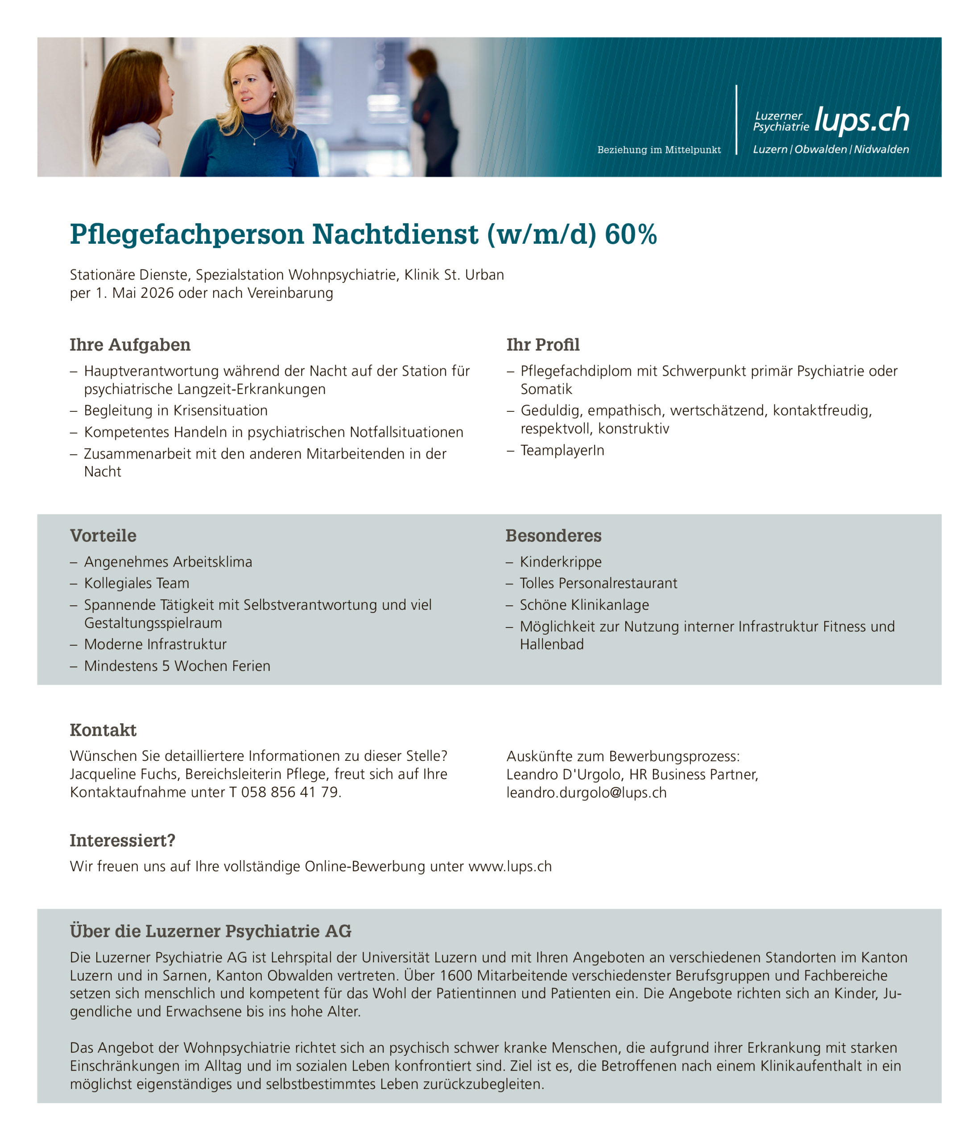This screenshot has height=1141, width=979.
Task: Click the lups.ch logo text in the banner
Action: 861,120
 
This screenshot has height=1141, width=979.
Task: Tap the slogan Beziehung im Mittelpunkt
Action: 659,150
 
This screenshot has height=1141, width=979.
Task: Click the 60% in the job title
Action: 630,234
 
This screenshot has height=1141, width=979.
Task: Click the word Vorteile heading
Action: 103,535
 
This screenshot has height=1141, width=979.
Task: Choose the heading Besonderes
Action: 553,535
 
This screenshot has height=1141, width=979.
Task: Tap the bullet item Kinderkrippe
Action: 560,562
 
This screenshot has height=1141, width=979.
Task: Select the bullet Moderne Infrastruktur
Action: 155,644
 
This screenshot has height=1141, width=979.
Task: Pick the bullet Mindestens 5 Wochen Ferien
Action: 177,666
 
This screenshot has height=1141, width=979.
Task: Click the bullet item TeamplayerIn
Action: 562,451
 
